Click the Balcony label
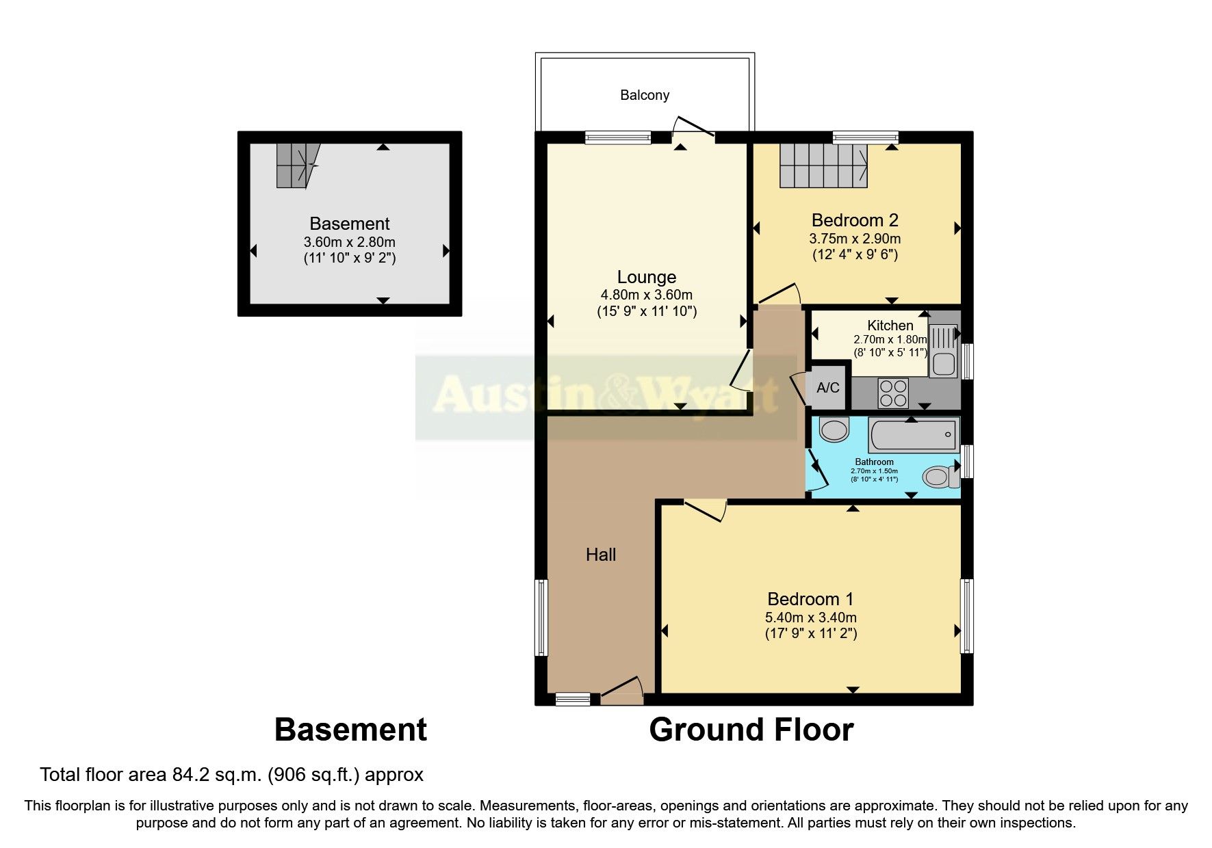click(x=644, y=95)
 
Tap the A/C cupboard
click(x=828, y=388)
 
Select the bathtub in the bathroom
click(x=913, y=434)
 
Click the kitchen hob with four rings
click(x=893, y=393)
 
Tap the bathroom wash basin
click(x=834, y=429)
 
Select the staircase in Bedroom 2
click(x=824, y=165)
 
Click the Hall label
click(x=601, y=555)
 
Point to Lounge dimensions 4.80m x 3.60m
click(x=646, y=295)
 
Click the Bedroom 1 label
click(x=810, y=599)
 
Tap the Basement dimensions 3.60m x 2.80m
click(x=349, y=242)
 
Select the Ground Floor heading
click(x=751, y=730)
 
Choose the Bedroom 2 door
click(x=779, y=295)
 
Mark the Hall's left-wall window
click(x=541, y=617)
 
